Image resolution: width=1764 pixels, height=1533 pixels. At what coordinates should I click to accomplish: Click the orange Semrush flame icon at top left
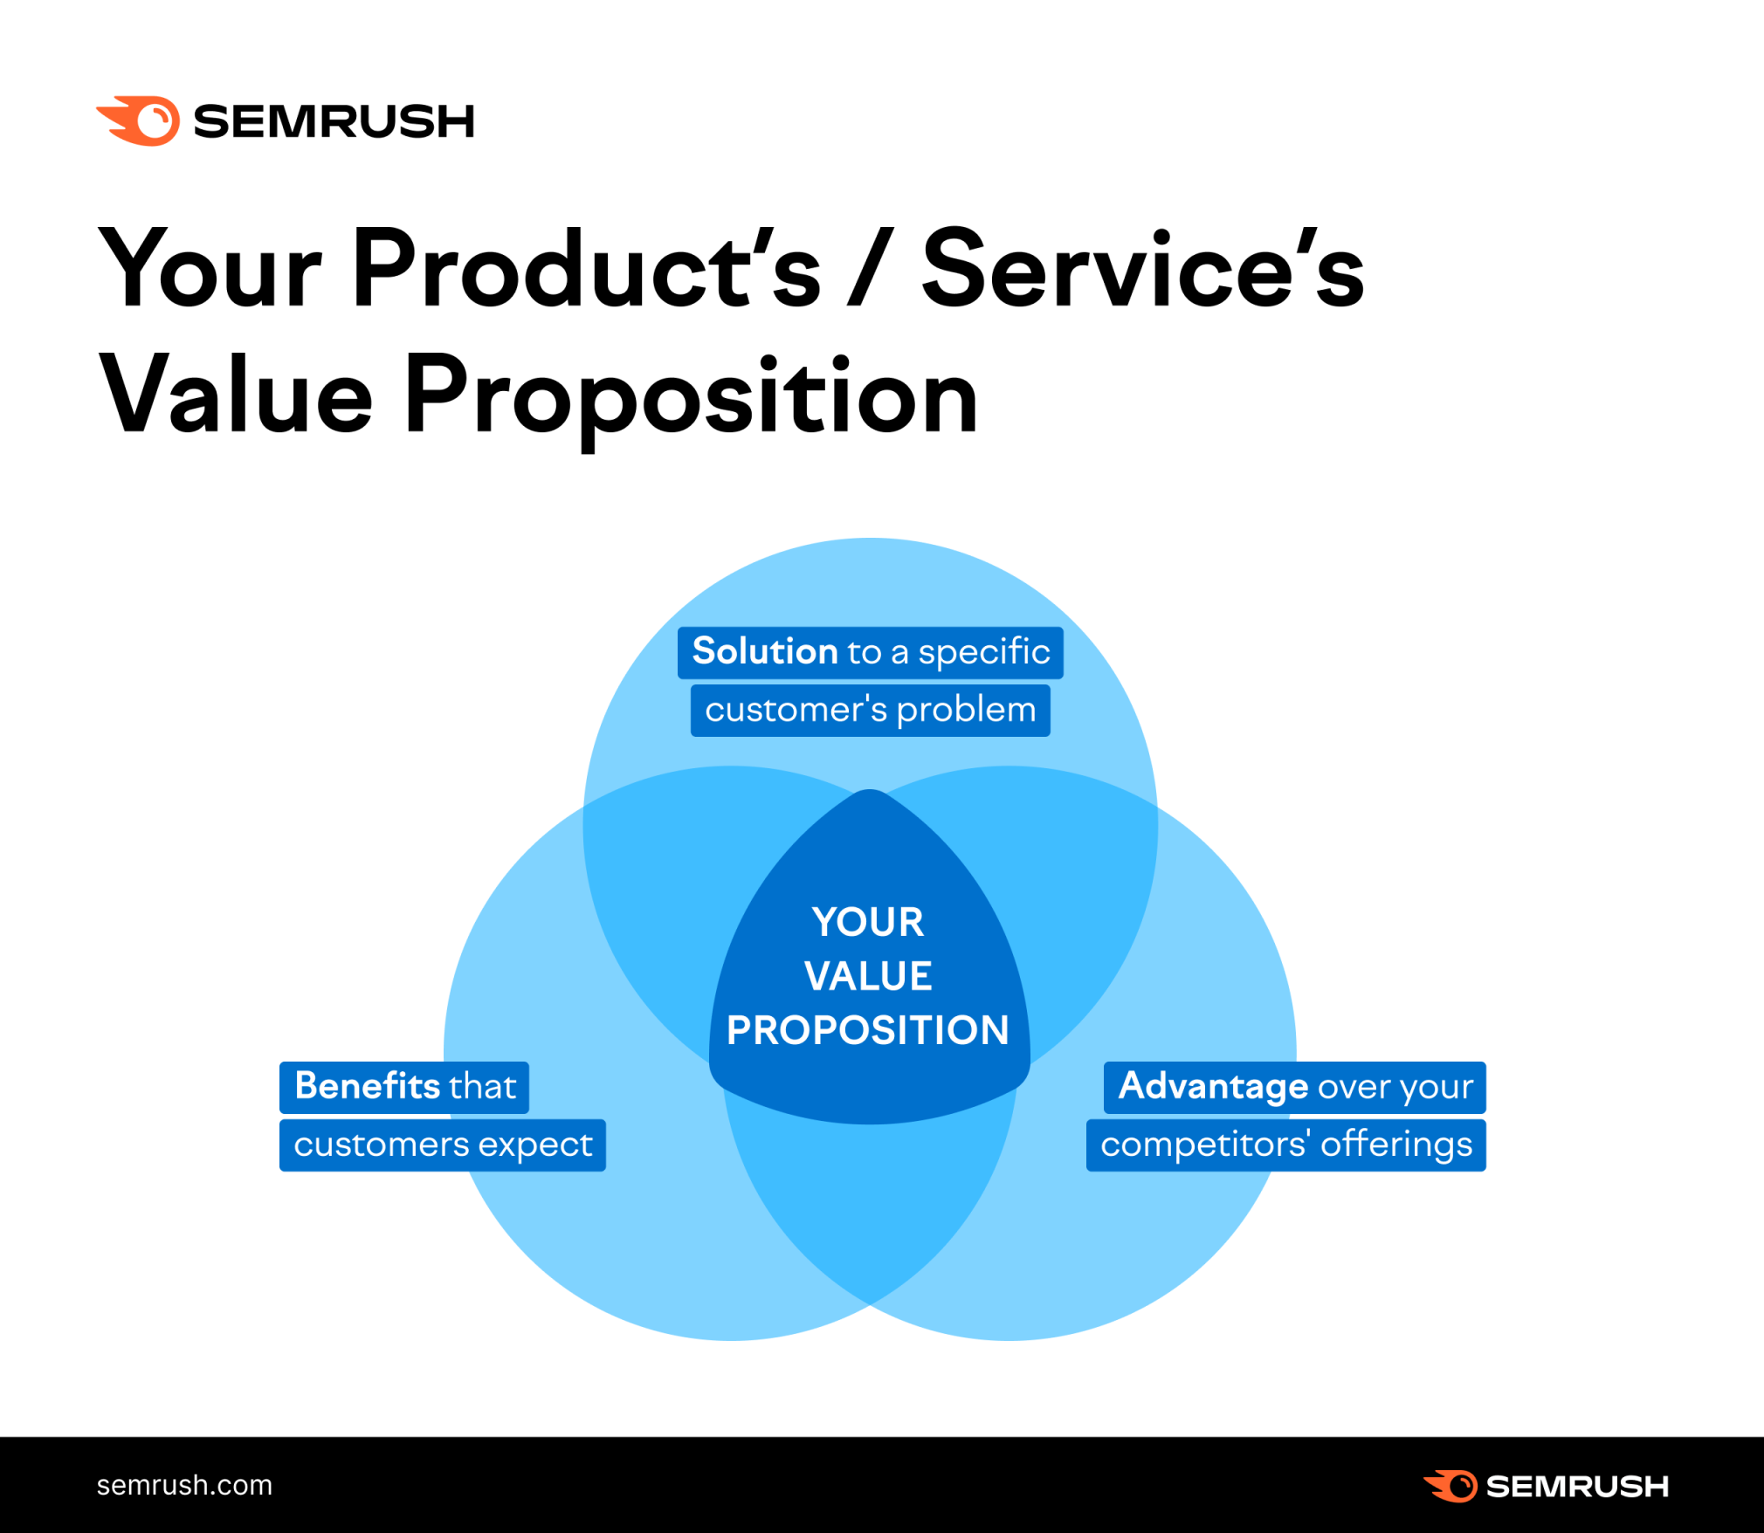140,120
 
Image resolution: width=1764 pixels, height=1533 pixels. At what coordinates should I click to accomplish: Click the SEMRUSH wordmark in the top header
334,121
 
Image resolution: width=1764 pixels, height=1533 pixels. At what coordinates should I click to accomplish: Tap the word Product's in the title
587,269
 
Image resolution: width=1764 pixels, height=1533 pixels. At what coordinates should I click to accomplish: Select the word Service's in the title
1142,269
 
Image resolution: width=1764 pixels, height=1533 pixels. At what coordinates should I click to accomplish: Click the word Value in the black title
236,397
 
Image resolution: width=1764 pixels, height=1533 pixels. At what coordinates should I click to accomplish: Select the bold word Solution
765,651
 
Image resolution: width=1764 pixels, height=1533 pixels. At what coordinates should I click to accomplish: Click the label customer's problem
870,710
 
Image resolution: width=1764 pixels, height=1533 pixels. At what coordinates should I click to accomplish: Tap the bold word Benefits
368,1086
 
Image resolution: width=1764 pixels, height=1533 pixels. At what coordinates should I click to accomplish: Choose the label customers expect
443,1145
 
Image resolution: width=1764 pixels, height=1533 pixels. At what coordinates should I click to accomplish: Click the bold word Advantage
1213,1086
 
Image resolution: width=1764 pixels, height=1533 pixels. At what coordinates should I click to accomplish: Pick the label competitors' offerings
1285,1145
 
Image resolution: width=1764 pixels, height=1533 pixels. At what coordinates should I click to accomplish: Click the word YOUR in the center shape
868,922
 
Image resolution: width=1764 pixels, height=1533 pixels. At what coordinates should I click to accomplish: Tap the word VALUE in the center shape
868,976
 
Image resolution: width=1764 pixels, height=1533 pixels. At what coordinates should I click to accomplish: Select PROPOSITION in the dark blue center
868,1030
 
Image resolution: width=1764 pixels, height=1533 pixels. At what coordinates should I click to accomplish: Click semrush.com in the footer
184,1485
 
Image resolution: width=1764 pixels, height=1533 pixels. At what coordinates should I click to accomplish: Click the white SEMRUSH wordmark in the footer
1577,1486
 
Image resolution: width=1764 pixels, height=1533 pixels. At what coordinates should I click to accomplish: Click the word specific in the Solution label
984,652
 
